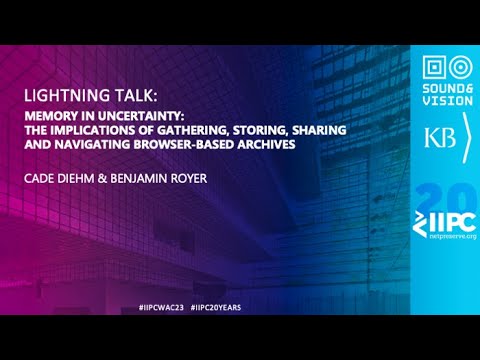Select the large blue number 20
[446, 193]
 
